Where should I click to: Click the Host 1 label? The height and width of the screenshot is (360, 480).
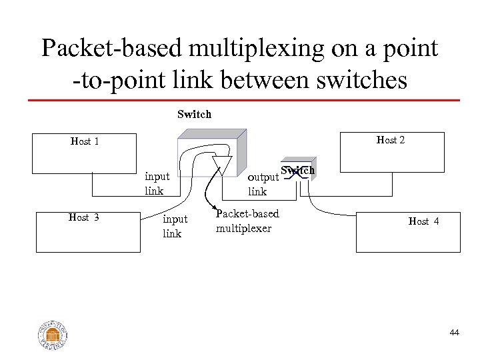tap(85, 141)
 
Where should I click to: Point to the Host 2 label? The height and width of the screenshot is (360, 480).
tap(391, 140)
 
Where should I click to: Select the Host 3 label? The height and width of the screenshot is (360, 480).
tap(85, 216)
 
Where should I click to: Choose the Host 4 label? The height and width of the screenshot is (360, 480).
tap(423, 221)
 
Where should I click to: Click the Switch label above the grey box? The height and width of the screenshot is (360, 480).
tap(194, 114)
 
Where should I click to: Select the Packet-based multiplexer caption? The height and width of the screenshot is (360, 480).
tap(247, 221)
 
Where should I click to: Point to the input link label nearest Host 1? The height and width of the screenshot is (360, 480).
tap(157, 185)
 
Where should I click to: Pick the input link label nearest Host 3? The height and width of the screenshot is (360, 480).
tap(175, 226)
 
